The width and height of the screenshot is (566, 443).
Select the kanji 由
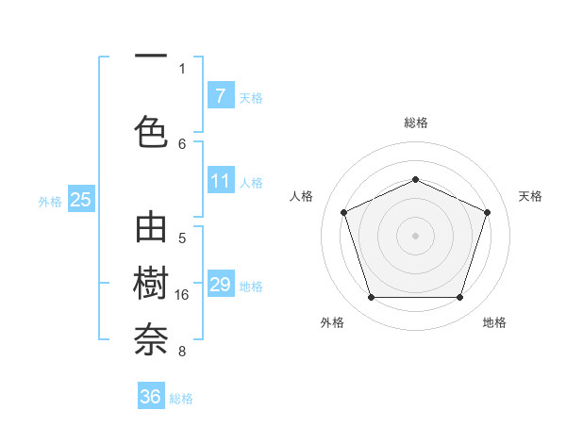151,230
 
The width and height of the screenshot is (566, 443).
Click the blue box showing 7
220,96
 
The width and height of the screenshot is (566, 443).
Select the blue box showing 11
220,181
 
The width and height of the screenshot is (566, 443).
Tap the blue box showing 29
220,285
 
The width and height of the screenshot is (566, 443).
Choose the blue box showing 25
81,200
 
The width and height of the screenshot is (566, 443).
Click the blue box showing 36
151,397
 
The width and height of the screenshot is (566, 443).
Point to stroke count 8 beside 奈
182,353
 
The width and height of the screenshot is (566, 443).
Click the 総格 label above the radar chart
416,123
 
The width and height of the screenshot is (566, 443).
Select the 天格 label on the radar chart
530,196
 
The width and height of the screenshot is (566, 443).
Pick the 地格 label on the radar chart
494,322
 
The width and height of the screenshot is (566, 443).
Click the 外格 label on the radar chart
332,322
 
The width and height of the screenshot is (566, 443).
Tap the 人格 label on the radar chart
301,196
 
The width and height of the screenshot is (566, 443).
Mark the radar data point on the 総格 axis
416,179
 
